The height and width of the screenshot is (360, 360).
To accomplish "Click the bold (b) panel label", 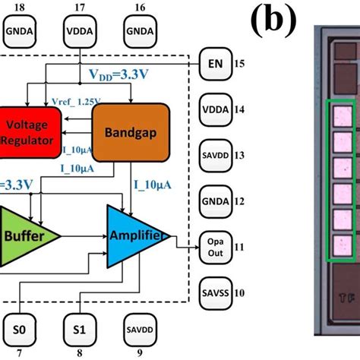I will click(272, 23).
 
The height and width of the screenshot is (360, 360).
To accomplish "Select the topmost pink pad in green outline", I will click(341, 115).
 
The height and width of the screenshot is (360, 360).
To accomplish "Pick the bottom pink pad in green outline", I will click(341, 243).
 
